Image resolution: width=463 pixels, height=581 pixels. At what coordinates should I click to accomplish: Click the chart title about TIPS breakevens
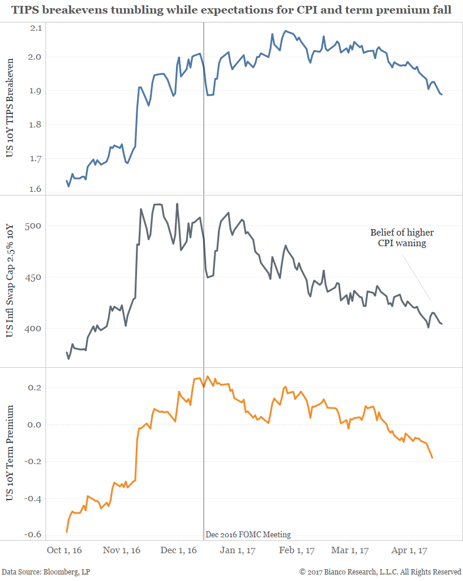tap(231, 11)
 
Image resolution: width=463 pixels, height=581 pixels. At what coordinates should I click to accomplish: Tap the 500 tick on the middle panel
tap(33, 226)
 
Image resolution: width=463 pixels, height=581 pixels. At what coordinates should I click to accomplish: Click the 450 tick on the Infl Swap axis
tap(33, 277)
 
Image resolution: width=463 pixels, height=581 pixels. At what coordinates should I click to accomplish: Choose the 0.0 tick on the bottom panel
tap(35, 425)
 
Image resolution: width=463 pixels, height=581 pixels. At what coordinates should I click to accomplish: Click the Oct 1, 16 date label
tap(64, 550)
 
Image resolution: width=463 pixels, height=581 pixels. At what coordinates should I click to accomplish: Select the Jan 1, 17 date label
tap(238, 550)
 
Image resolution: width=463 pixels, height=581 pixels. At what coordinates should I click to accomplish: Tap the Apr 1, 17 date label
tap(410, 550)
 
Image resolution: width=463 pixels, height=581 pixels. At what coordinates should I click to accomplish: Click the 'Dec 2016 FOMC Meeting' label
tap(248, 535)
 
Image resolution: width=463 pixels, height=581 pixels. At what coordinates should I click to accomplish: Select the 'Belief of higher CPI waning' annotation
tap(398, 237)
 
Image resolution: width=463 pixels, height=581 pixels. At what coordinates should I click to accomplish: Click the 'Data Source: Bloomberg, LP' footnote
tap(45, 572)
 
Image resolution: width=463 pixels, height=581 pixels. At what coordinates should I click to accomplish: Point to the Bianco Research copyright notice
tap(380, 572)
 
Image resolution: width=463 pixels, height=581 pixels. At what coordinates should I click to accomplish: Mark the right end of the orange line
tap(432, 458)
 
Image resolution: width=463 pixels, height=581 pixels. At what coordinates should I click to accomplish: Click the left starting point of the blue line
tap(66, 181)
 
